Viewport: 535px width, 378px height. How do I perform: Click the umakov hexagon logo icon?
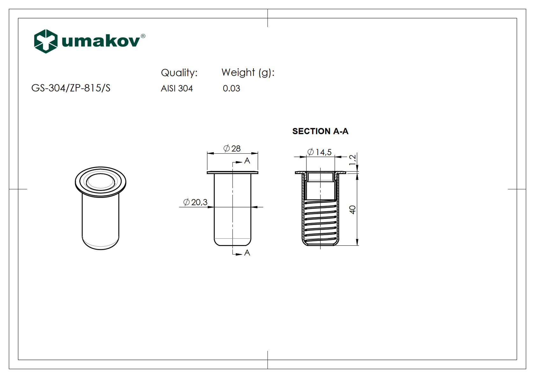(x=46, y=41)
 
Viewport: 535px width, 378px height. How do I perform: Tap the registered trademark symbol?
(x=143, y=36)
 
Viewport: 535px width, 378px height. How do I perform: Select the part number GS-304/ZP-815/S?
(x=71, y=88)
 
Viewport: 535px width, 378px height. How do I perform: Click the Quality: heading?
(x=179, y=73)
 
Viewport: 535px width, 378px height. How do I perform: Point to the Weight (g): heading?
(x=248, y=73)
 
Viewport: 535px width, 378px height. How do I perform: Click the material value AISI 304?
(x=177, y=88)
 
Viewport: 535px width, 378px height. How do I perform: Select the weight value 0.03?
(x=232, y=88)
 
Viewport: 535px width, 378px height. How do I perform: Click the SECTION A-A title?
(x=320, y=131)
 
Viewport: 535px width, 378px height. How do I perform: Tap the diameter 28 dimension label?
(x=232, y=148)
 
